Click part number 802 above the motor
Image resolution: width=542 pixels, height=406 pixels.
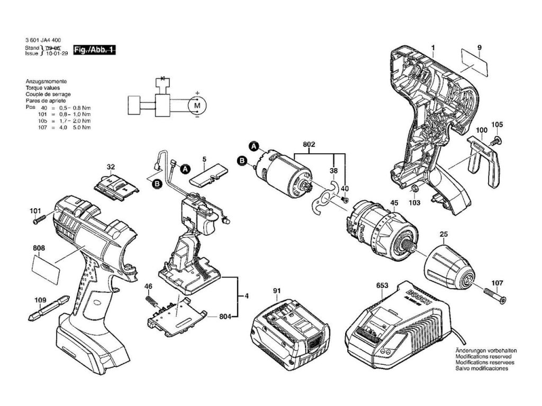(x=309, y=144)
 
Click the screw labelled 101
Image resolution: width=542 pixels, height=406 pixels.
(x=41, y=220)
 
